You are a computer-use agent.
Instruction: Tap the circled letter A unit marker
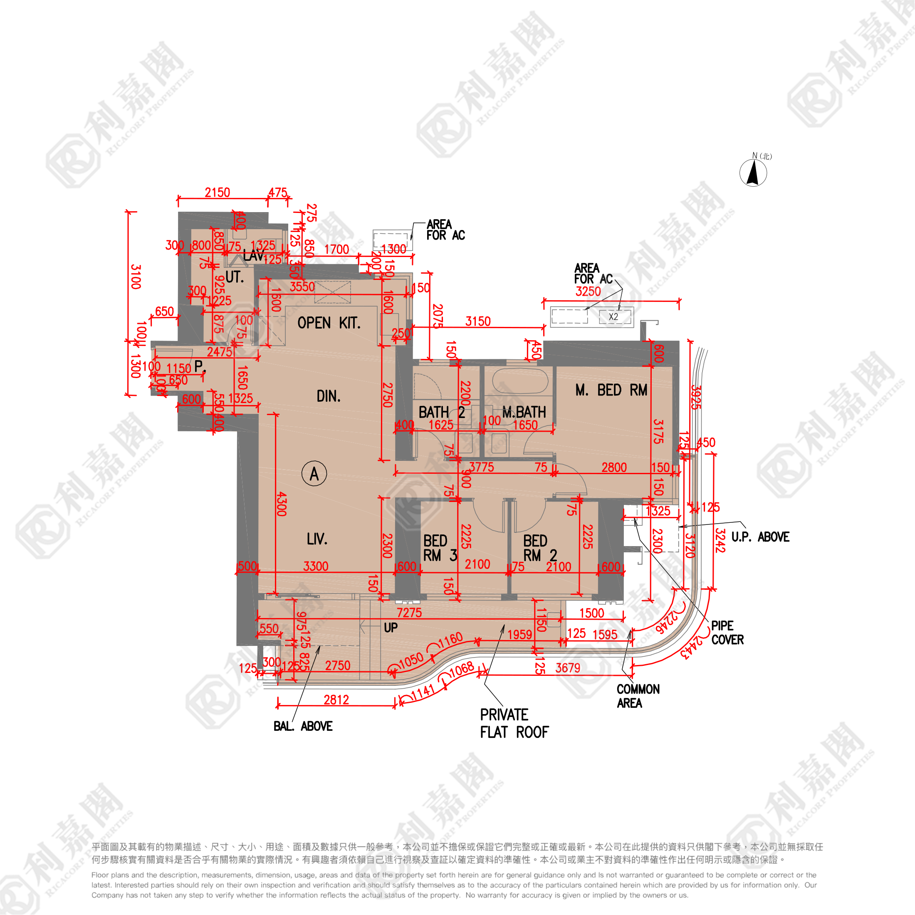pyautogui.click(x=314, y=474)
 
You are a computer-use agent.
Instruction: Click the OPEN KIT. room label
pyautogui.click(x=329, y=323)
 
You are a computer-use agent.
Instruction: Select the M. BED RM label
pyautogui.click(x=611, y=390)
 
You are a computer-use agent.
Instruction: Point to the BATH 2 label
pyautogui.click(x=441, y=412)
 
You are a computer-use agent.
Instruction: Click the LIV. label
pyautogui.click(x=317, y=539)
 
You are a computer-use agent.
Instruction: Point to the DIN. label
pyautogui.click(x=328, y=396)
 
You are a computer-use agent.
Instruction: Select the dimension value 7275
pyautogui.click(x=409, y=612)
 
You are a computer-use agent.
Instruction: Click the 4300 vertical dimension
pyautogui.click(x=281, y=504)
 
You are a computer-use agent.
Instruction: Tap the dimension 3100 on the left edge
pyautogui.click(x=136, y=277)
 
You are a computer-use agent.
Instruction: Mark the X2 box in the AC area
pyautogui.click(x=614, y=317)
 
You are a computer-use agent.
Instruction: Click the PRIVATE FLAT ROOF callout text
pyautogui.click(x=514, y=723)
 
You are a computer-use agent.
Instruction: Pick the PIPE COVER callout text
pyautogui.click(x=727, y=633)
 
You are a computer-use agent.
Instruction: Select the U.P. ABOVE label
pyautogui.click(x=760, y=537)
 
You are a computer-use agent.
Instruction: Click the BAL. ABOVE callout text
pyautogui.click(x=303, y=726)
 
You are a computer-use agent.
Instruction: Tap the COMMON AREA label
pyautogui.click(x=638, y=696)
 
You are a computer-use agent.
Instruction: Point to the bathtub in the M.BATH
pyautogui.click(x=520, y=380)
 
